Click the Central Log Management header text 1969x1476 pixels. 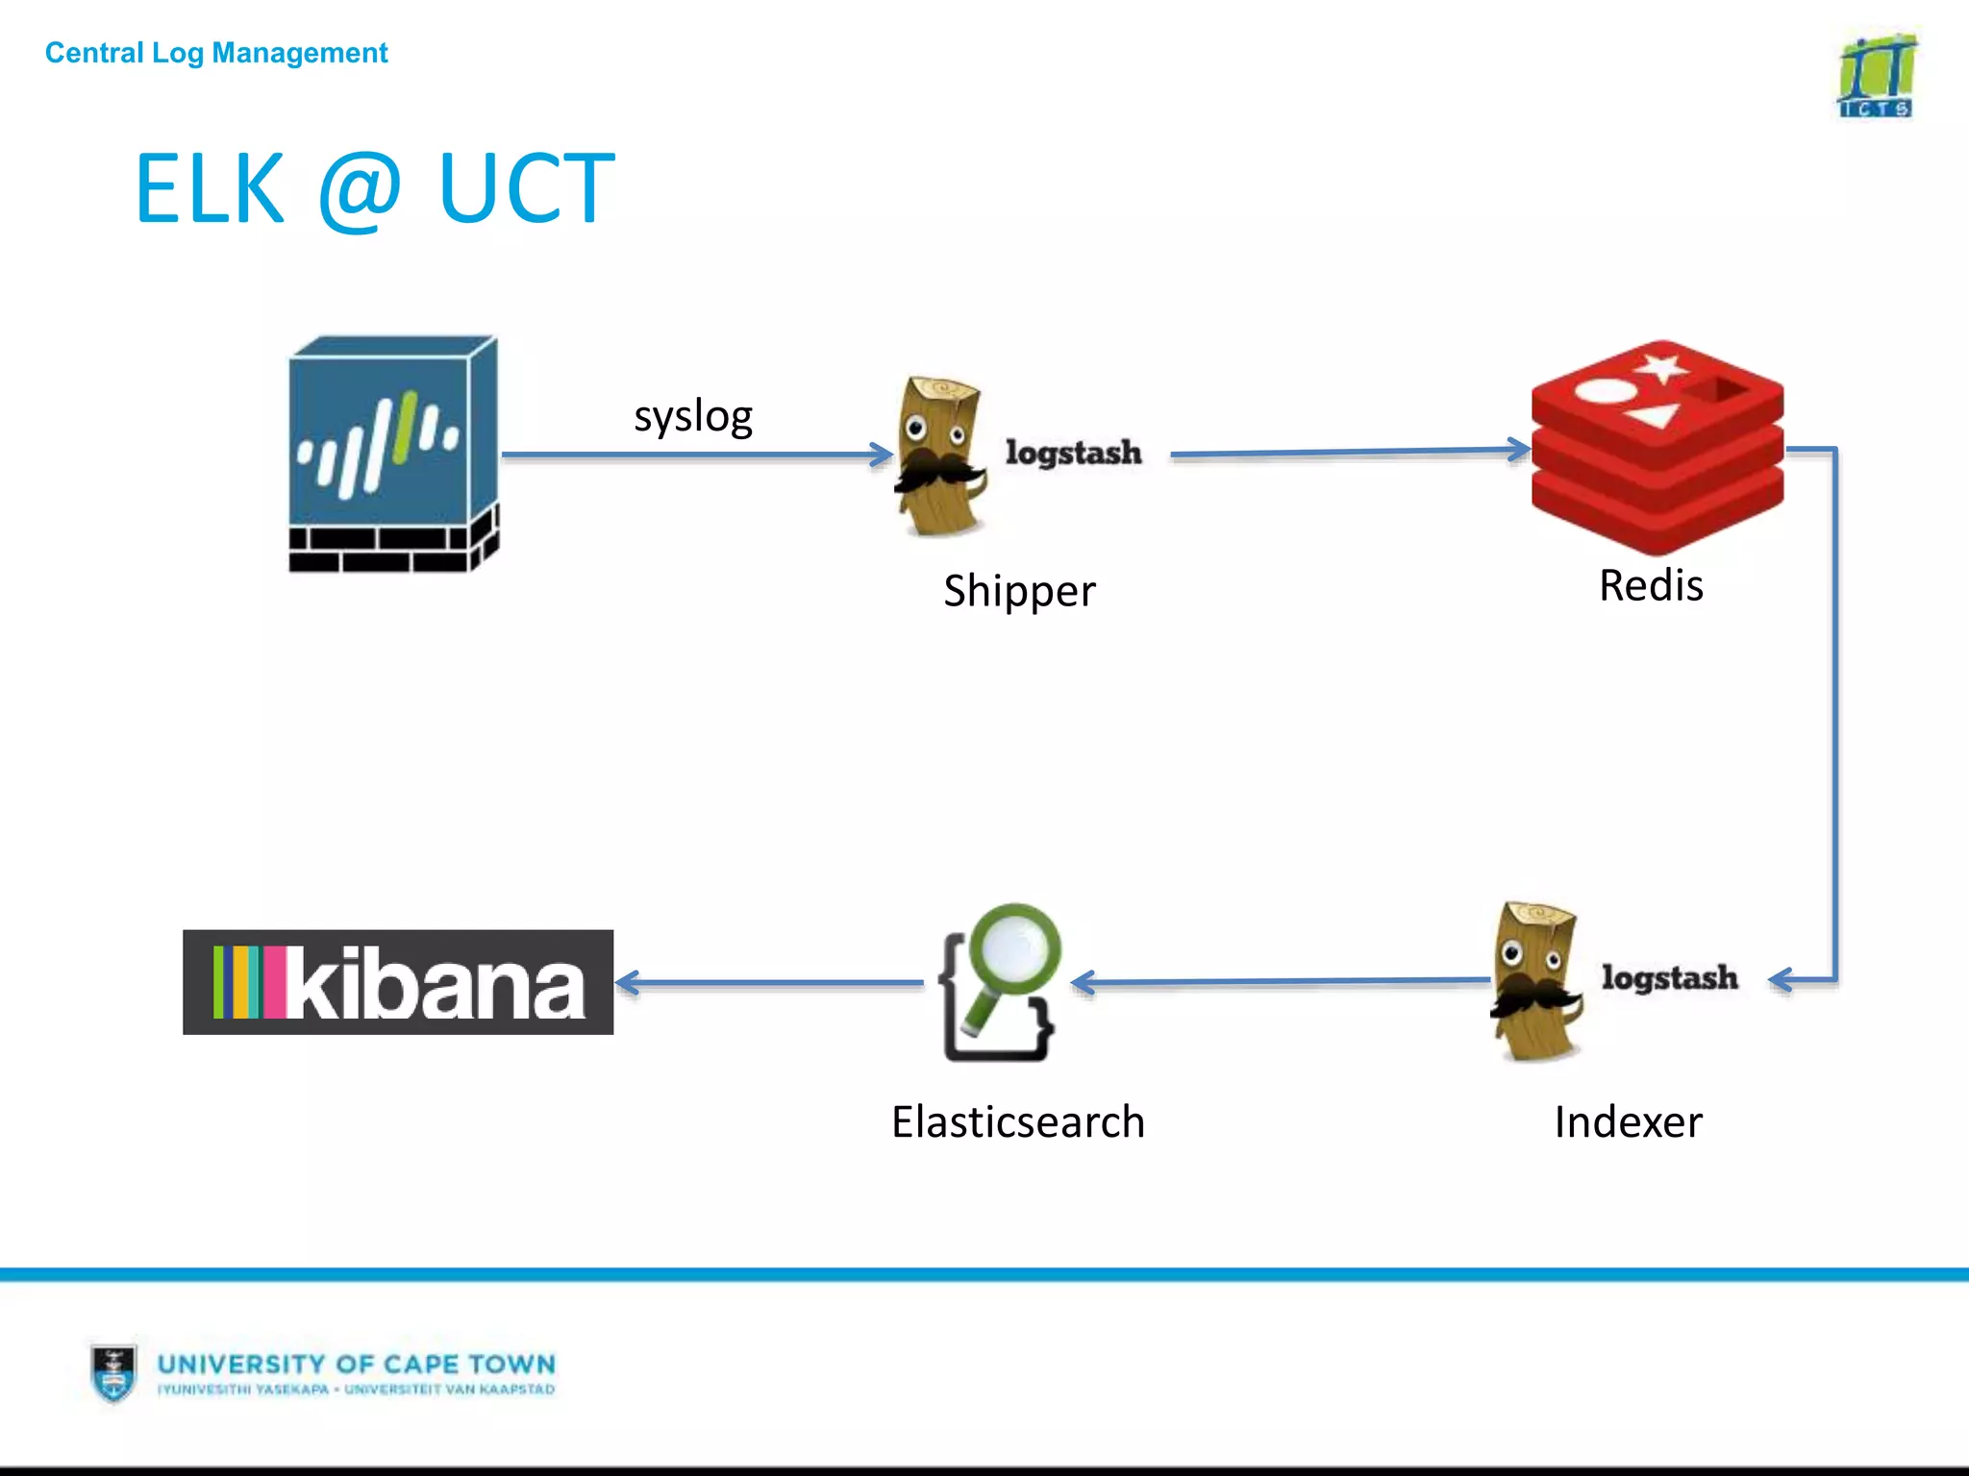coord(216,53)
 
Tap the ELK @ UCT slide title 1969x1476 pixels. coord(374,189)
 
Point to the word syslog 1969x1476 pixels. coord(692,416)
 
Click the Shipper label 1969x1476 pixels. coord(1019,590)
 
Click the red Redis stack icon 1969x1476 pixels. coord(1657,447)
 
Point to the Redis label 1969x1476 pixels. coord(1651,585)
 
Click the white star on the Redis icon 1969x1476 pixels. coord(1661,367)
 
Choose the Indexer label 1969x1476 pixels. coord(1628,1121)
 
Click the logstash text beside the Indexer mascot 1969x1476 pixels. coord(1669,977)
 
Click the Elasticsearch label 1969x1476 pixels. coord(1018,1121)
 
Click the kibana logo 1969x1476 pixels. coord(398,982)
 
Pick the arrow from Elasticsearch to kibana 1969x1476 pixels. coord(769,982)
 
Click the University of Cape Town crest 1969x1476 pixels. coord(113,1372)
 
